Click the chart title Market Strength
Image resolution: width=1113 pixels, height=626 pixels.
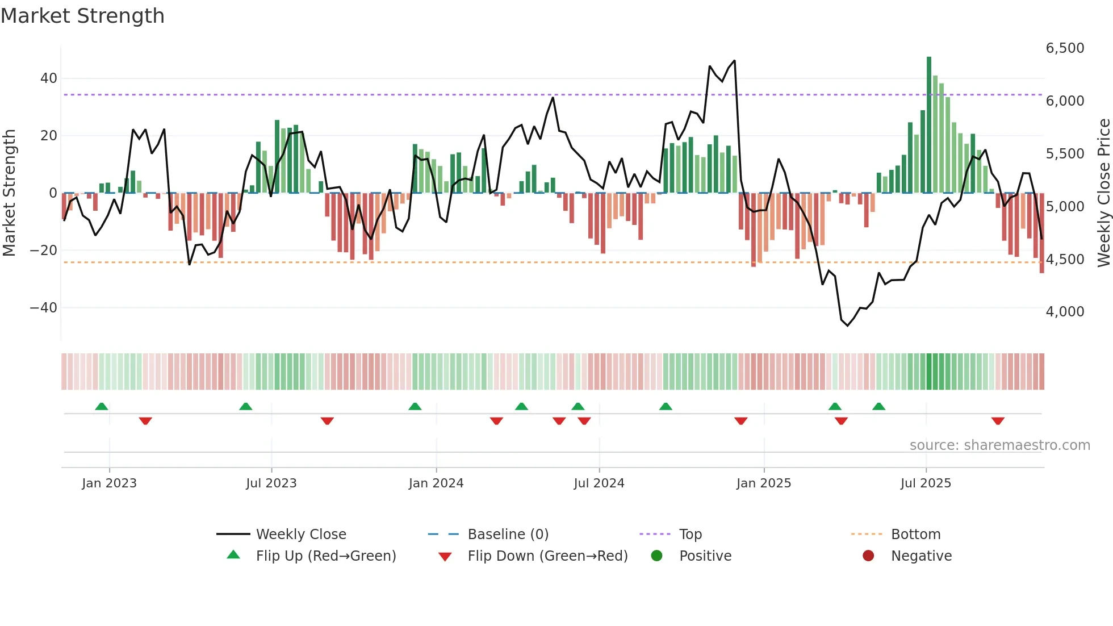(x=82, y=16)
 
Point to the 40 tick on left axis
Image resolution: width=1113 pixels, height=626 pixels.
(x=49, y=78)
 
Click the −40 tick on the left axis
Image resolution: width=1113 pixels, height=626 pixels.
(x=44, y=308)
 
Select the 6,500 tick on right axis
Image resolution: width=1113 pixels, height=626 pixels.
(x=1065, y=48)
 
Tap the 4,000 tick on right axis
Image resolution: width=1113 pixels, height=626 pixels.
(x=1065, y=312)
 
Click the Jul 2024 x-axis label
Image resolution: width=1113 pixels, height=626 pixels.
(x=599, y=483)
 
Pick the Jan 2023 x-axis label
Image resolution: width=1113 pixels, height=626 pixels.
(x=109, y=483)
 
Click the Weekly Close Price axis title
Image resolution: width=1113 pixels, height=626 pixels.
(x=1103, y=193)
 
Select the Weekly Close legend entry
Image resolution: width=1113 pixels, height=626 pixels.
(x=300, y=535)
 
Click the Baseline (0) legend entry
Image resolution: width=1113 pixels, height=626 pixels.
(x=508, y=535)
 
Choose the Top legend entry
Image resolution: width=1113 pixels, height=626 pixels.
(x=690, y=535)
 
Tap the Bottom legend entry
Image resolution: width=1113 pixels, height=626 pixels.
(x=915, y=535)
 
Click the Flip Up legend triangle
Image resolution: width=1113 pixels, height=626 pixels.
(x=233, y=555)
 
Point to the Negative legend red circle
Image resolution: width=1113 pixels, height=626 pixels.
(x=868, y=556)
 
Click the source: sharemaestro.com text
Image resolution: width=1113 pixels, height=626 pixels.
(x=999, y=445)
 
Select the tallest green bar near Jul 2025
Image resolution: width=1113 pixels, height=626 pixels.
(x=929, y=125)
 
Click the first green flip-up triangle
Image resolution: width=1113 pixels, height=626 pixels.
(x=102, y=407)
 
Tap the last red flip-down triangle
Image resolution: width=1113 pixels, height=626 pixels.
(x=998, y=421)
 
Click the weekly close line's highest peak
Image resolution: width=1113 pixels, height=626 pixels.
(x=734, y=61)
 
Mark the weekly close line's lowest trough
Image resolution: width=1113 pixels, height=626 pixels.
(x=847, y=325)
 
